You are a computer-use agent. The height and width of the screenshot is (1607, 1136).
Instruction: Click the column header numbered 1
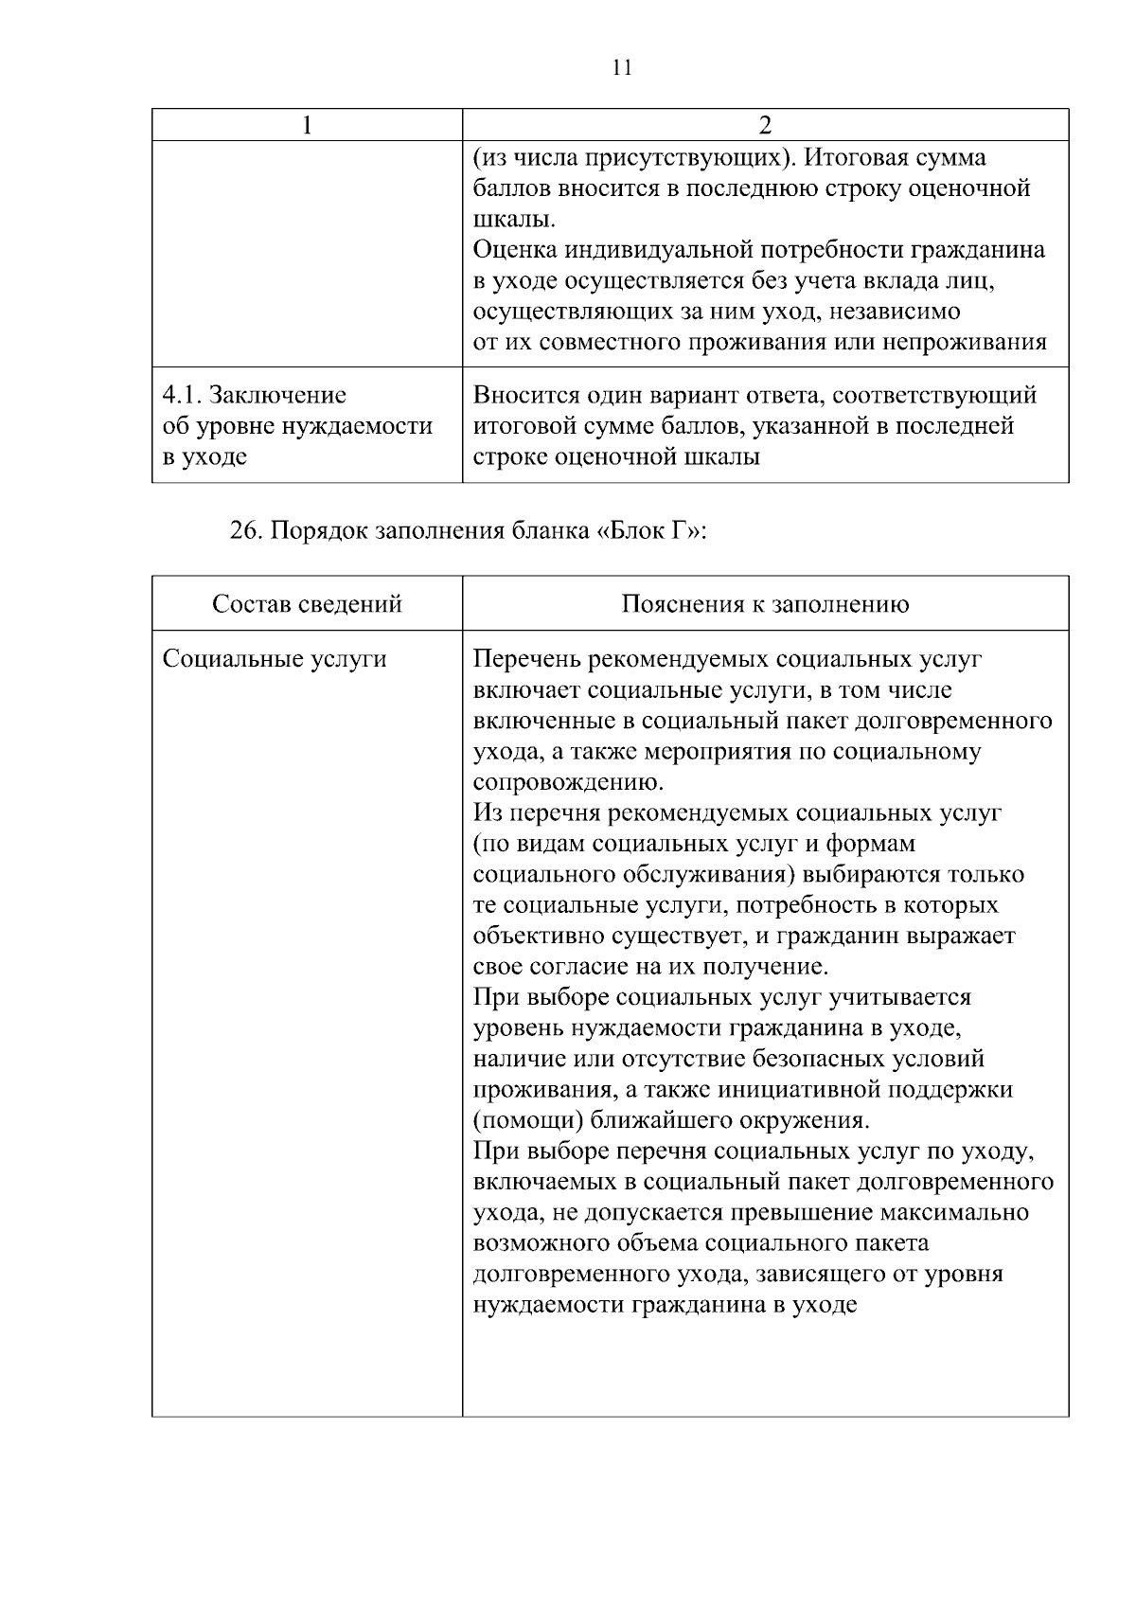307,126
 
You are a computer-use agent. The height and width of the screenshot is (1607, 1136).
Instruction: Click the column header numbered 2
765,126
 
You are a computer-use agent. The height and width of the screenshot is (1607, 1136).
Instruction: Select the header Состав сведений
307,604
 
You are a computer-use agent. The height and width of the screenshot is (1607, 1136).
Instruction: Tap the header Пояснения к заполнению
765,604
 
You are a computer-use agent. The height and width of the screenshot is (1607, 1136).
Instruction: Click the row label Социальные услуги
275,659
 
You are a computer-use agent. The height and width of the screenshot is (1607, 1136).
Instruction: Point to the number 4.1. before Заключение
181,395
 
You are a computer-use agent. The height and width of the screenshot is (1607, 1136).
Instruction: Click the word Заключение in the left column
277,395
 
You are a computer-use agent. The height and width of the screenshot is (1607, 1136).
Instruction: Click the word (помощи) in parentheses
527,1121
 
